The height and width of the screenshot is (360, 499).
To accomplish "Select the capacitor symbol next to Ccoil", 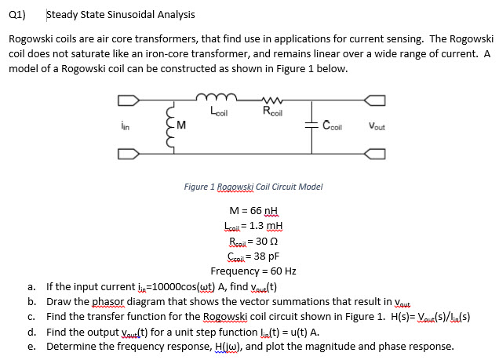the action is (x=312, y=123).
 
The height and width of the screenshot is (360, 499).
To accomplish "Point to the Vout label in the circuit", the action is (x=375, y=125).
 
